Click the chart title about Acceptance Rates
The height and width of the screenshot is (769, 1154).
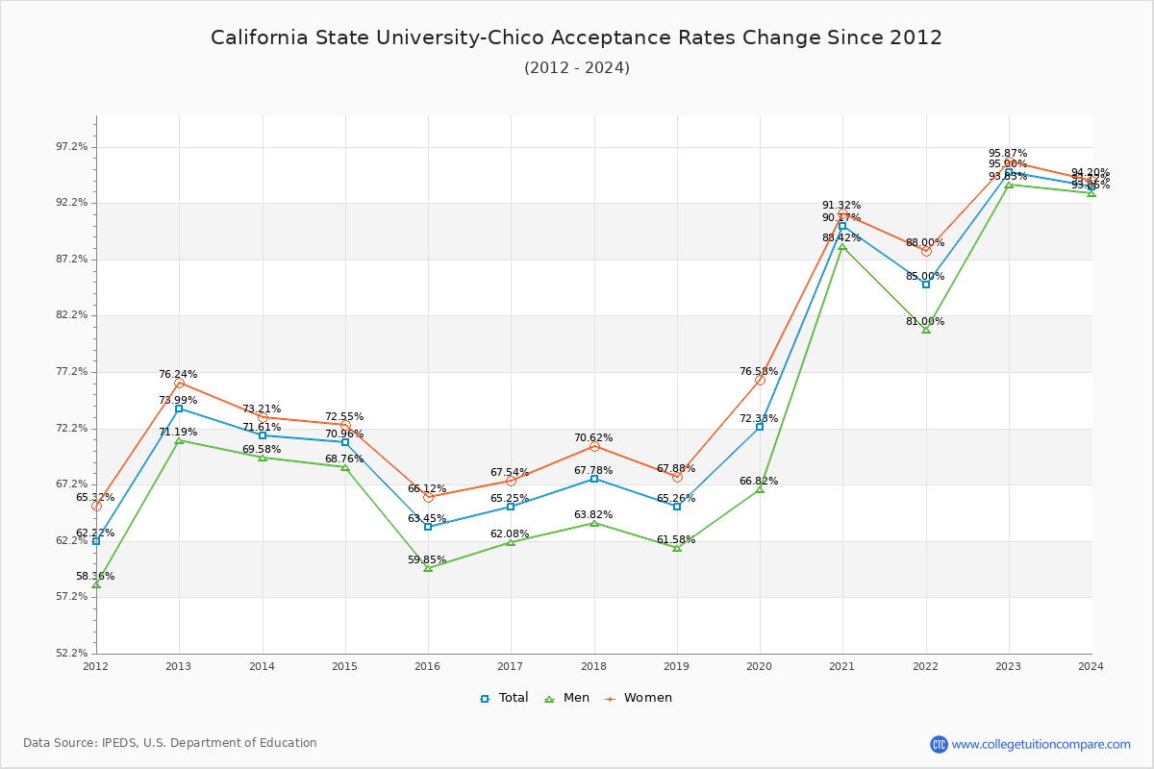click(576, 37)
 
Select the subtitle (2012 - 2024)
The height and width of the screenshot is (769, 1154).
click(576, 68)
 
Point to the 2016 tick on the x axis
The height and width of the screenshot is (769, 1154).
click(427, 665)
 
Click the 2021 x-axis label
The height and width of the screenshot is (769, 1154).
click(842, 665)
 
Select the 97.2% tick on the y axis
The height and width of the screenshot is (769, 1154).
click(72, 147)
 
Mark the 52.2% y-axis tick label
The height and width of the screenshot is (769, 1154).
click(72, 653)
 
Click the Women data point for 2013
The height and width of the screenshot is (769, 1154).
click(179, 384)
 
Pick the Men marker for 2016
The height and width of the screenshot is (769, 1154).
click(428, 568)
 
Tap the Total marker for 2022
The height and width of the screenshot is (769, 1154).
click(926, 285)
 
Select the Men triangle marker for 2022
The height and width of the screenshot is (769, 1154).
click(926, 330)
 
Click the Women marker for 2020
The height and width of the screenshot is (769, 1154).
click(760, 380)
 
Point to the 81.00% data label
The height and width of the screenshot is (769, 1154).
click(924, 321)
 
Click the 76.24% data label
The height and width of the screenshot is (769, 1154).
click(178, 374)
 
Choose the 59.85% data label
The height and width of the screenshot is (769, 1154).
click(427, 559)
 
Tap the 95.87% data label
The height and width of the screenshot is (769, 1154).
click(1008, 153)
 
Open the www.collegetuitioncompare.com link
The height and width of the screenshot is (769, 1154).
click(1041, 744)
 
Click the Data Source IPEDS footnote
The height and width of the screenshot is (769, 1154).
click(170, 743)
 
